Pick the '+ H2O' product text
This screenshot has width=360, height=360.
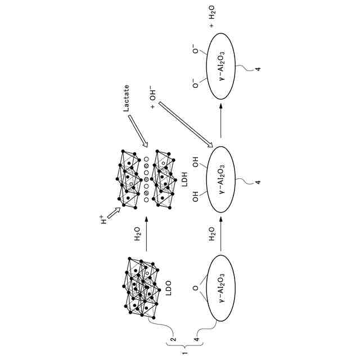click(212, 20)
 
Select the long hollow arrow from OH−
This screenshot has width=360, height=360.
click(186, 125)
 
